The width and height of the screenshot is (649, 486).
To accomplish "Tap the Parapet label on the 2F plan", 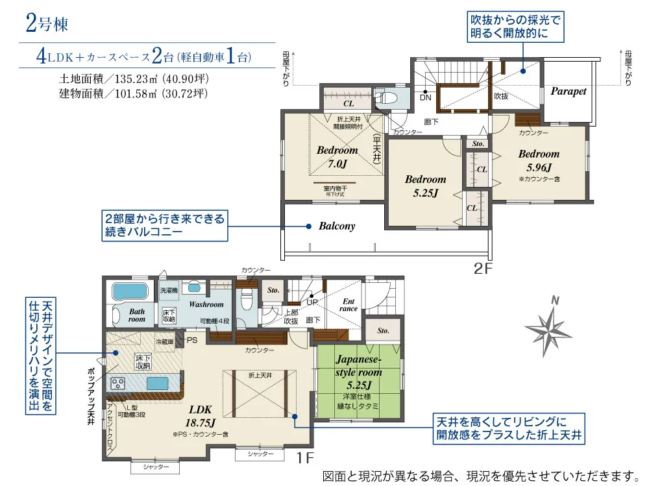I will click(568, 91).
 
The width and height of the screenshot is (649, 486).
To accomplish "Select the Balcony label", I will click(337, 226).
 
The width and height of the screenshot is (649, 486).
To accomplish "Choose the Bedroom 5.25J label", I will click(425, 186).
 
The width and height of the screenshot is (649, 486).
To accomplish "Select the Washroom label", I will click(206, 304).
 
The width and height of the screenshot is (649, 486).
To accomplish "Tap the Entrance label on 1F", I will click(349, 304).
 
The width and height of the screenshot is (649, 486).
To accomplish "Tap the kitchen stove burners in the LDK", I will click(118, 383).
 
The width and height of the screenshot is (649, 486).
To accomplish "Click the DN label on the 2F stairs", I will click(425, 97).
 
